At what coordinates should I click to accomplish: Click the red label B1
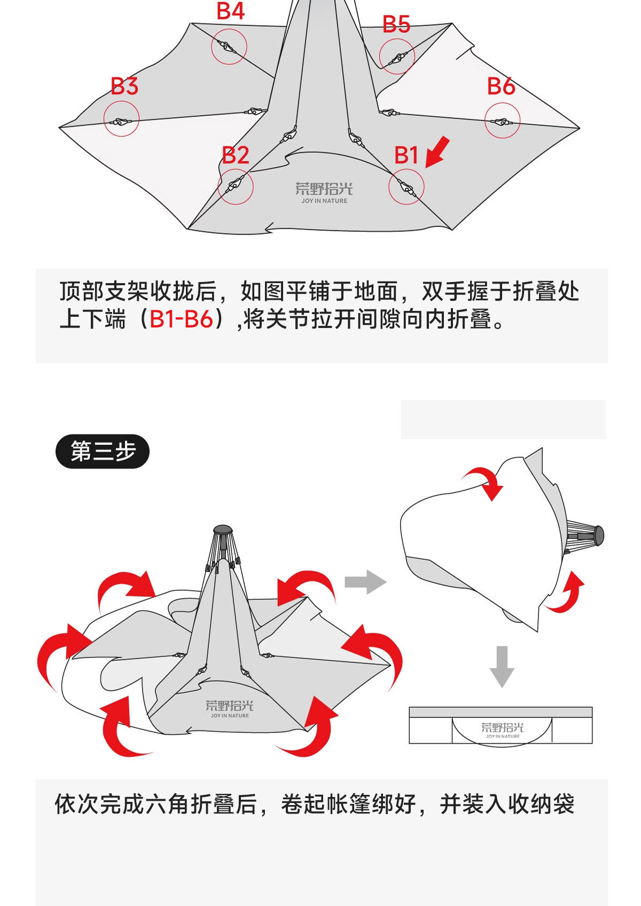[406, 155]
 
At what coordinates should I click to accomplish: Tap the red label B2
[236, 155]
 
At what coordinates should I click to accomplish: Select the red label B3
[124, 86]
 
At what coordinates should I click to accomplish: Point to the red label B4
[231, 11]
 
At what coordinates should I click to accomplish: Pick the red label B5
[396, 25]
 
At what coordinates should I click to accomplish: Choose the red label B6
[501, 86]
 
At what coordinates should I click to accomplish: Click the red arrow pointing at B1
[437, 152]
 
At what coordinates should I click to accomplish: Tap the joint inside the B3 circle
[121, 122]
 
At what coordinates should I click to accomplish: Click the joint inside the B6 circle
[502, 122]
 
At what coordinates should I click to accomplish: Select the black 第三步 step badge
[103, 452]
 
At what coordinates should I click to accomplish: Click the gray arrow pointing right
[365, 582]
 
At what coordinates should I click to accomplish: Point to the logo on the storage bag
[502, 729]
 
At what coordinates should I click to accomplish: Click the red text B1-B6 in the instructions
[182, 319]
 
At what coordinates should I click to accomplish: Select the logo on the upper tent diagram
[324, 192]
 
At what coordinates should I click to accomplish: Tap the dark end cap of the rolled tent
[598, 534]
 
